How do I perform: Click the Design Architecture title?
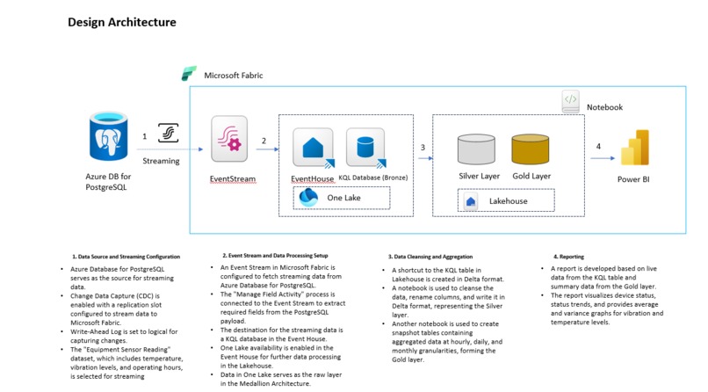point(121,22)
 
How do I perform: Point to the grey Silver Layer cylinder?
point(479,149)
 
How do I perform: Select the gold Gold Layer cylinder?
point(531,149)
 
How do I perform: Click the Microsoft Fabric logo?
point(188,75)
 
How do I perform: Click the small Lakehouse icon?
point(472,201)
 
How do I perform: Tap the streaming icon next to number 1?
point(168,133)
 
